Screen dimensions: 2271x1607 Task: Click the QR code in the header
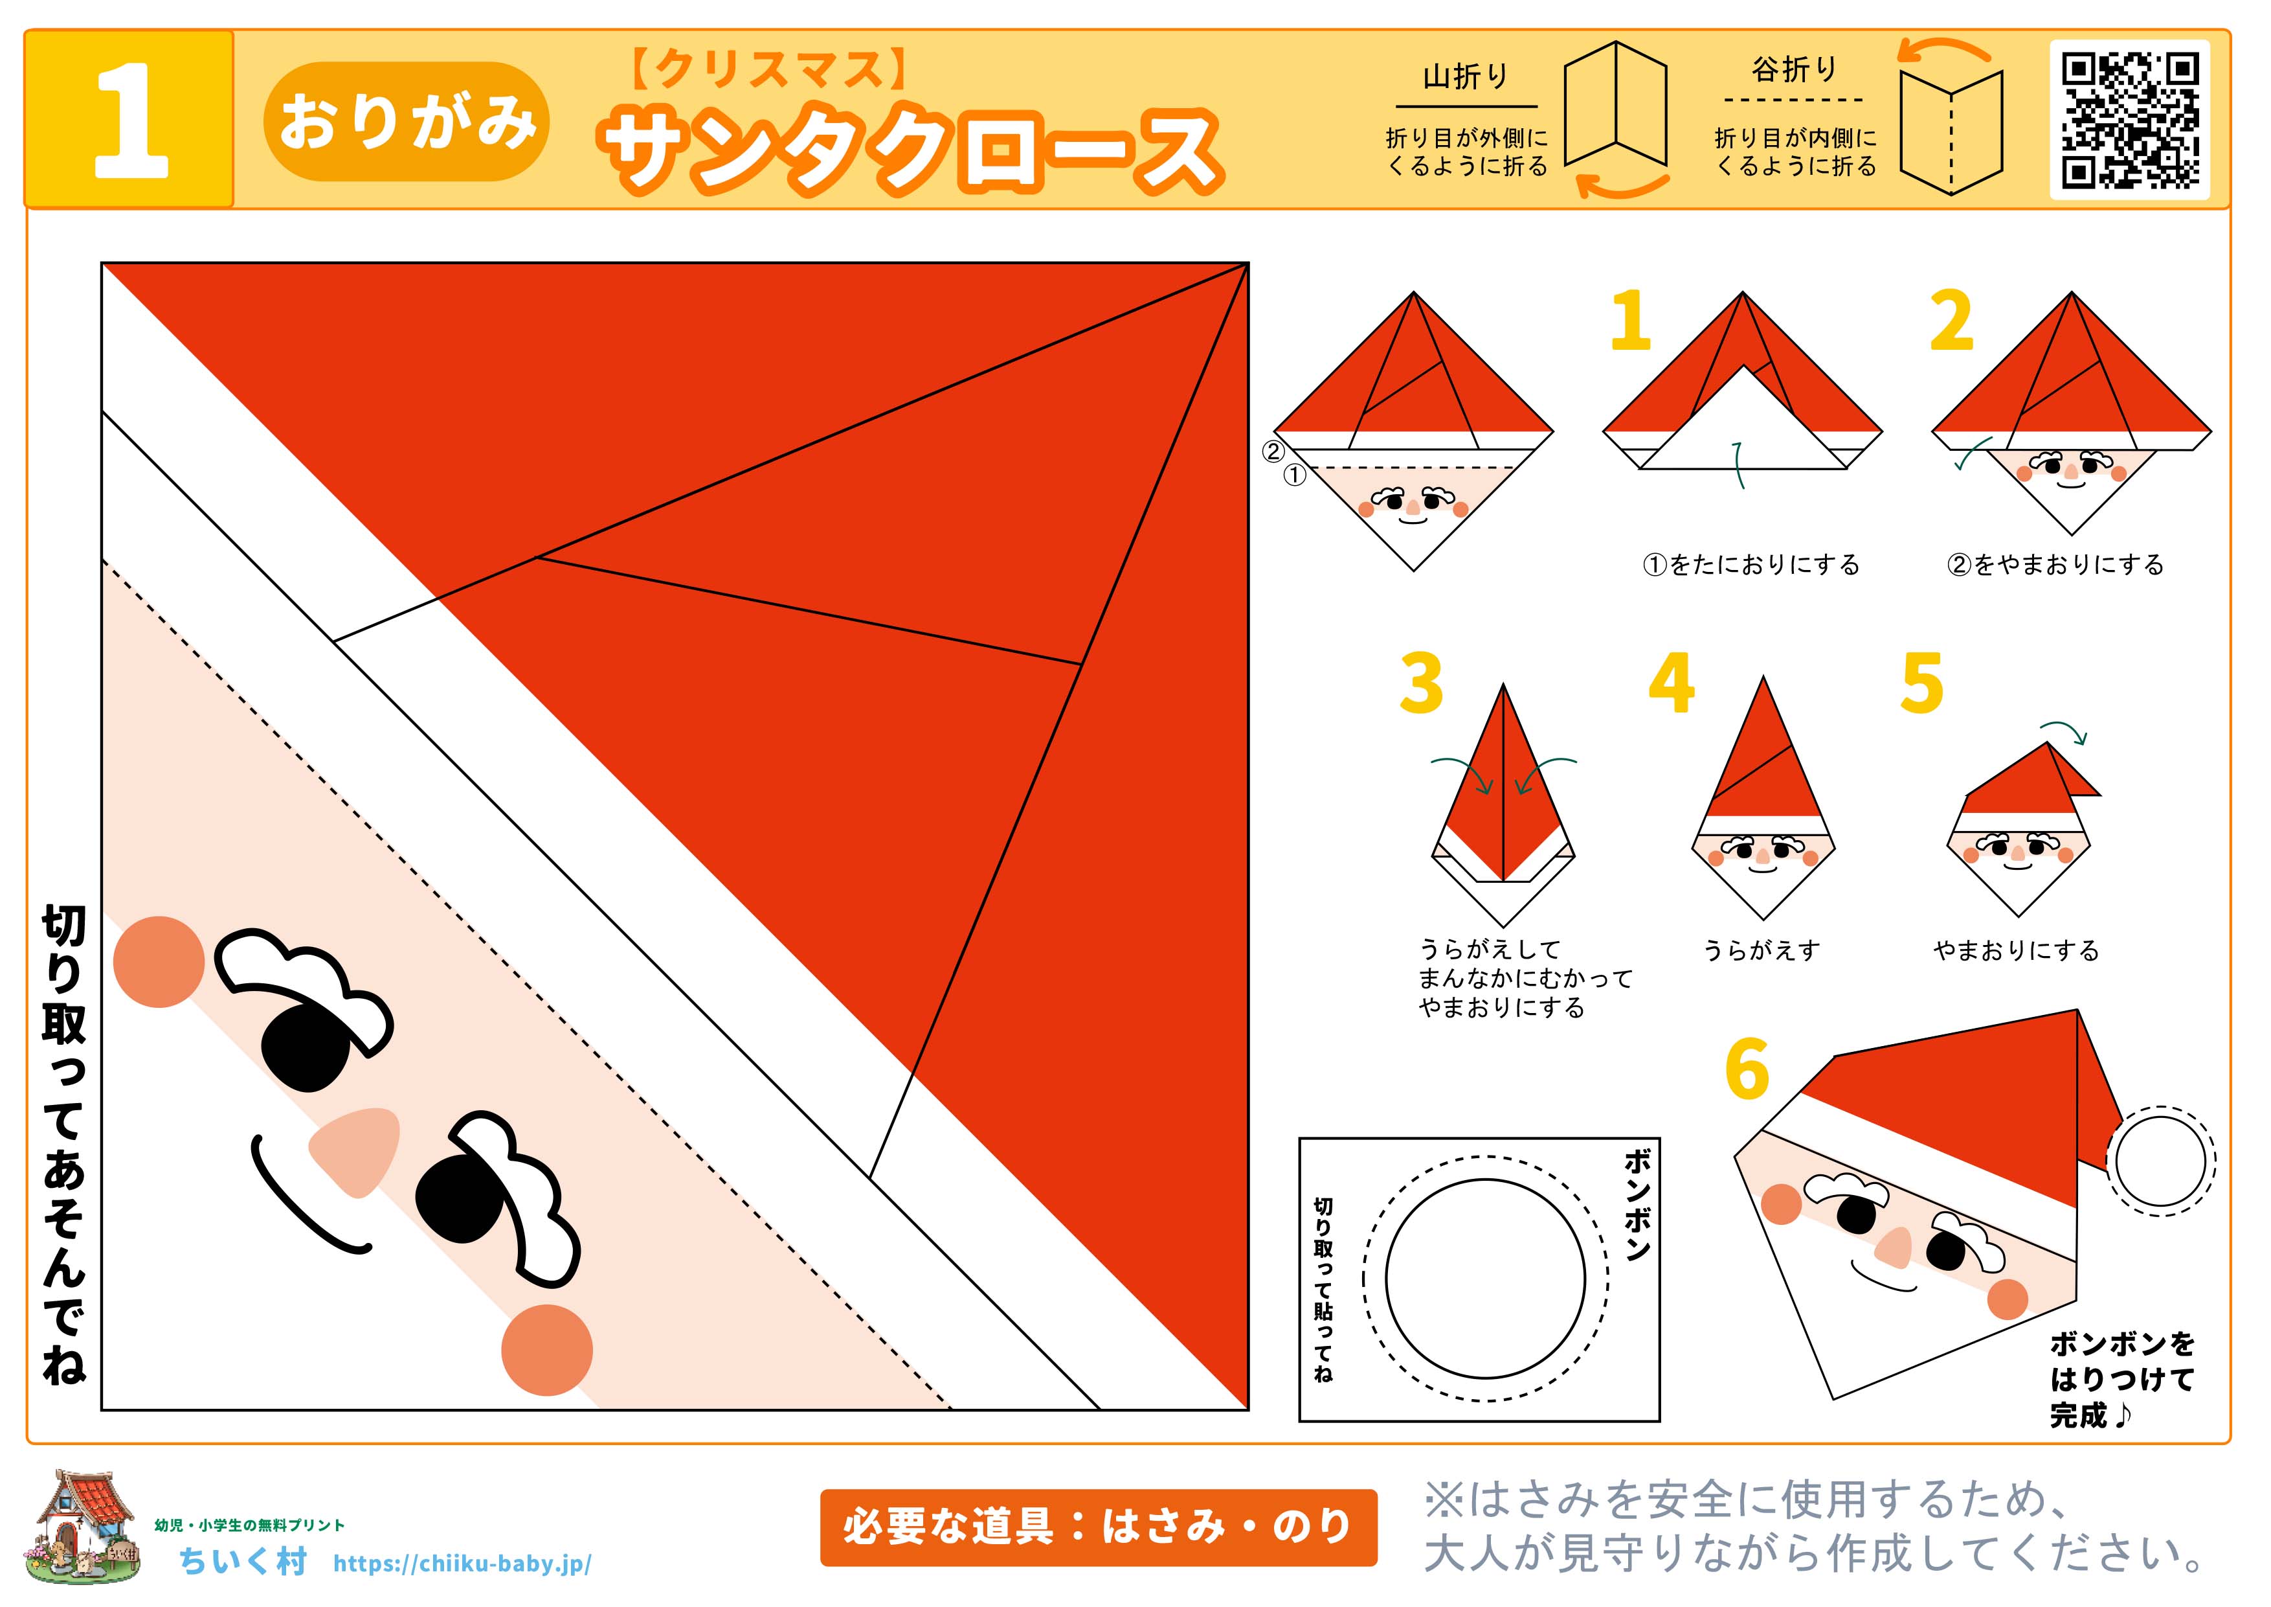[x=2130, y=120]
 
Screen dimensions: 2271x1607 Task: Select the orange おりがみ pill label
[x=407, y=122]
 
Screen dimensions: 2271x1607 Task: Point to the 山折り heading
[x=1466, y=76]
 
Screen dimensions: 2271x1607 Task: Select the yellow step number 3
[x=1422, y=683]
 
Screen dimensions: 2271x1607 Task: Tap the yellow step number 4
[x=1672, y=683]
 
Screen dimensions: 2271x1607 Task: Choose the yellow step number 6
[x=1747, y=1069]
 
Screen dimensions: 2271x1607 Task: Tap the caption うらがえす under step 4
[x=1762, y=951]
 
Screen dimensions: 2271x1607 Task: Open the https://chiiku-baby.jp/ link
[x=463, y=1564]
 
